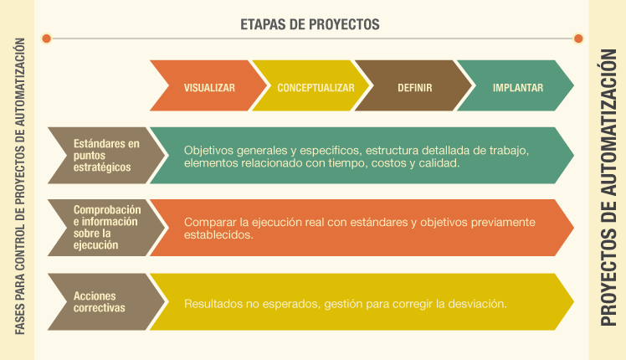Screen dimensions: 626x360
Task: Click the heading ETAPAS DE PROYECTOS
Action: [310, 24]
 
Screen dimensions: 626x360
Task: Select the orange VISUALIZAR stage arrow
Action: [208, 85]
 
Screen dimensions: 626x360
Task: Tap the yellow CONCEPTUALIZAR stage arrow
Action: [311, 85]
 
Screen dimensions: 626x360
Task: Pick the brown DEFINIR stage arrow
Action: [413, 85]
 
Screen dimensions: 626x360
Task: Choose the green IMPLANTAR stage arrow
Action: [516, 85]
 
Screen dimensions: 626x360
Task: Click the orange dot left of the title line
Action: [47, 39]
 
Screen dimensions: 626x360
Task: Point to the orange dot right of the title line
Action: [578, 39]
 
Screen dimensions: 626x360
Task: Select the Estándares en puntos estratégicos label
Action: [106, 156]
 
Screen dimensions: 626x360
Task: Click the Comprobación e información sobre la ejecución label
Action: [107, 228]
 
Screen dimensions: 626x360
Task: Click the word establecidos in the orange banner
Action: [218, 234]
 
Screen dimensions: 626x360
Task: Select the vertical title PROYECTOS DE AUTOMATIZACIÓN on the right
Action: [608, 188]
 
